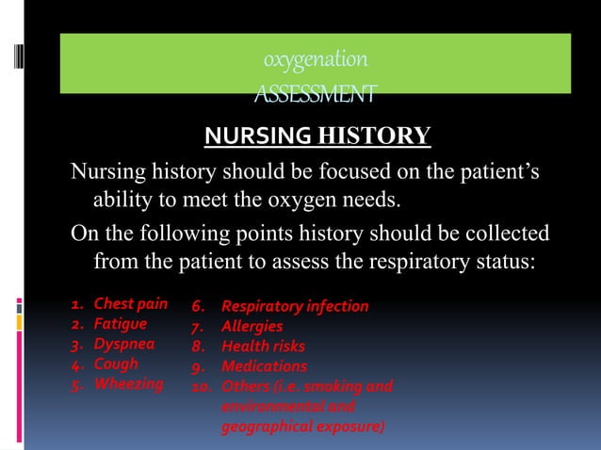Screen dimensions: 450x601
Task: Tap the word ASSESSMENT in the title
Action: [x=316, y=94]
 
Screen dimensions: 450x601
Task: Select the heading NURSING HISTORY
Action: [x=317, y=137]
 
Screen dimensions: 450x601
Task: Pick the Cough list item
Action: [x=115, y=363]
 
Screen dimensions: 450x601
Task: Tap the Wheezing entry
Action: [x=127, y=383]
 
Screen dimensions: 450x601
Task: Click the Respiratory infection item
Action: [x=294, y=307]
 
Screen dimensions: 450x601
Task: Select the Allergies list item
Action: [x=252, y=327]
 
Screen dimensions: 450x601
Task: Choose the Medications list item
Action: [x=264, y=366]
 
